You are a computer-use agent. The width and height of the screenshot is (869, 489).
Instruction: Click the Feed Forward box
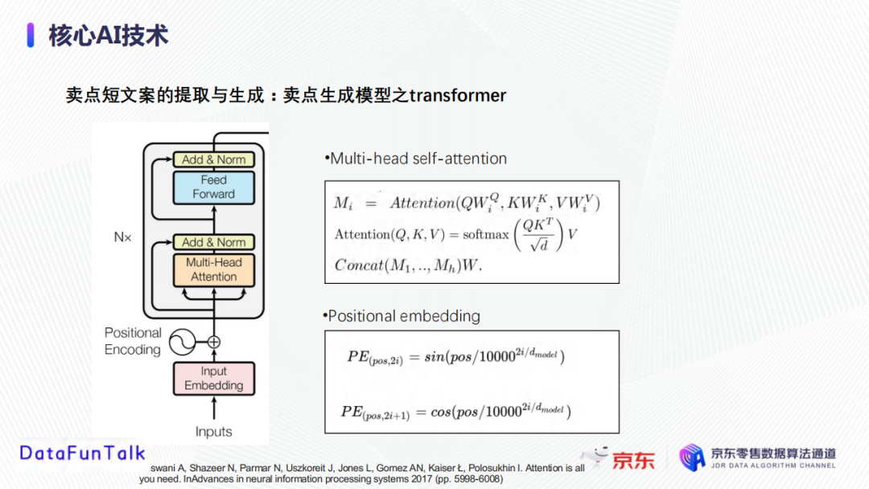pyautogui.click(x=214, y=187)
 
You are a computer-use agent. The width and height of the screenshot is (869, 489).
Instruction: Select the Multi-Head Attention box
pyautogui.click(x=214, y=269)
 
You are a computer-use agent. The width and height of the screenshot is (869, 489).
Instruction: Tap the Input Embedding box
pyautogui.click(x=214, y=378)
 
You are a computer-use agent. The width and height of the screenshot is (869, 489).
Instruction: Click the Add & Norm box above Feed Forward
pyautogui.click(x=214, y=159)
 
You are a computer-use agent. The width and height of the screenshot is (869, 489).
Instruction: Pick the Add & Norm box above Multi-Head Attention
pyautogui.click(x=214, y=242)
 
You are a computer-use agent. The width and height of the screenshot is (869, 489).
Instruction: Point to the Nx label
pyautogui.click(x=122, y=237)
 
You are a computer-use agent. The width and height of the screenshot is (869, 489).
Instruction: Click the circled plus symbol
pyautogui.click(x=214, y=343)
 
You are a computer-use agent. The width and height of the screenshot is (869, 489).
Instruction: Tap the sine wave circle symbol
pyautogui.click(x=182, y=343)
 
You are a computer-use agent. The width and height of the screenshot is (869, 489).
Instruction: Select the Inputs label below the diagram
pyautogui.click(x=213, y=431)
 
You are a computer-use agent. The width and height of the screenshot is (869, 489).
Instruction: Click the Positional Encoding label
pyautogui.click(x=133, y=341)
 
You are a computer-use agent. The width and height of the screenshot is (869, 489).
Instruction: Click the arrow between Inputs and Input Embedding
pyautogui.click(x=214, y=408)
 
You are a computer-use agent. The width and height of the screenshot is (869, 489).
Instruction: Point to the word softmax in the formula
pyautogui.click(x=485, y=235)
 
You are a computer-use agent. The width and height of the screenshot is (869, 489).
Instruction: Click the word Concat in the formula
pyautogui.click(x=359, y=265)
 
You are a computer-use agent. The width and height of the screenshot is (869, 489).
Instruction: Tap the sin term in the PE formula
pyautogui.click(x=434, y=357)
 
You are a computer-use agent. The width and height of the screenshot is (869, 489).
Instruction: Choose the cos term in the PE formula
pyautogui.click(x=441, y=412)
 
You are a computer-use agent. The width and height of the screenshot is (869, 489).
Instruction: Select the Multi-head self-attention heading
pyautogui.click(x=416, y=159)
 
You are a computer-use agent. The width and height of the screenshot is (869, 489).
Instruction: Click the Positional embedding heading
pyautogui.click(x=402, y=316)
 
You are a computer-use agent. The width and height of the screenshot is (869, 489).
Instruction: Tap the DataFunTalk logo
pyautogui.click(x=83, y=453)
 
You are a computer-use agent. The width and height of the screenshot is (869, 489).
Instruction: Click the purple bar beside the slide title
pyautogui.click(x=31, y=35)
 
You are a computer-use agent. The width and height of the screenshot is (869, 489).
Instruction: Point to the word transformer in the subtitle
pyautogui.click(x=458, y=95)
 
